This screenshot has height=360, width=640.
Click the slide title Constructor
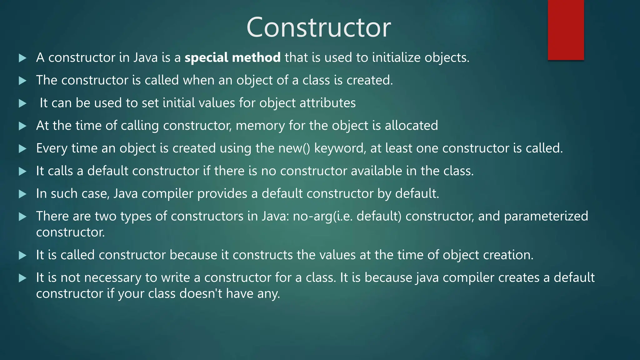point(318,27)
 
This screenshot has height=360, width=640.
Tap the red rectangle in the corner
point(566,30)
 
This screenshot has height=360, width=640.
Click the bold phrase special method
point(232,57)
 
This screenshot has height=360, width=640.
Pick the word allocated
point(411,126)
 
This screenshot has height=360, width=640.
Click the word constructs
point(263,255)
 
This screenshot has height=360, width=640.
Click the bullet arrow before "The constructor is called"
point(22,81)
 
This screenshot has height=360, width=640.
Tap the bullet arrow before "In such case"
point(22,194)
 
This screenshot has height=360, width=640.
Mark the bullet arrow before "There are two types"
point(22,217)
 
